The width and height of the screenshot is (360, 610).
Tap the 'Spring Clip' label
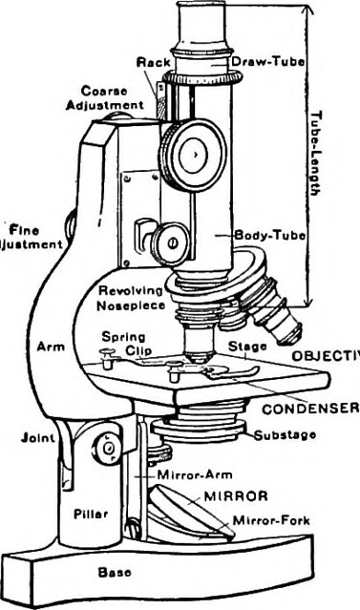tap(122, 343)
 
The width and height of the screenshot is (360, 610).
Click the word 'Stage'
tap(245, 346)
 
